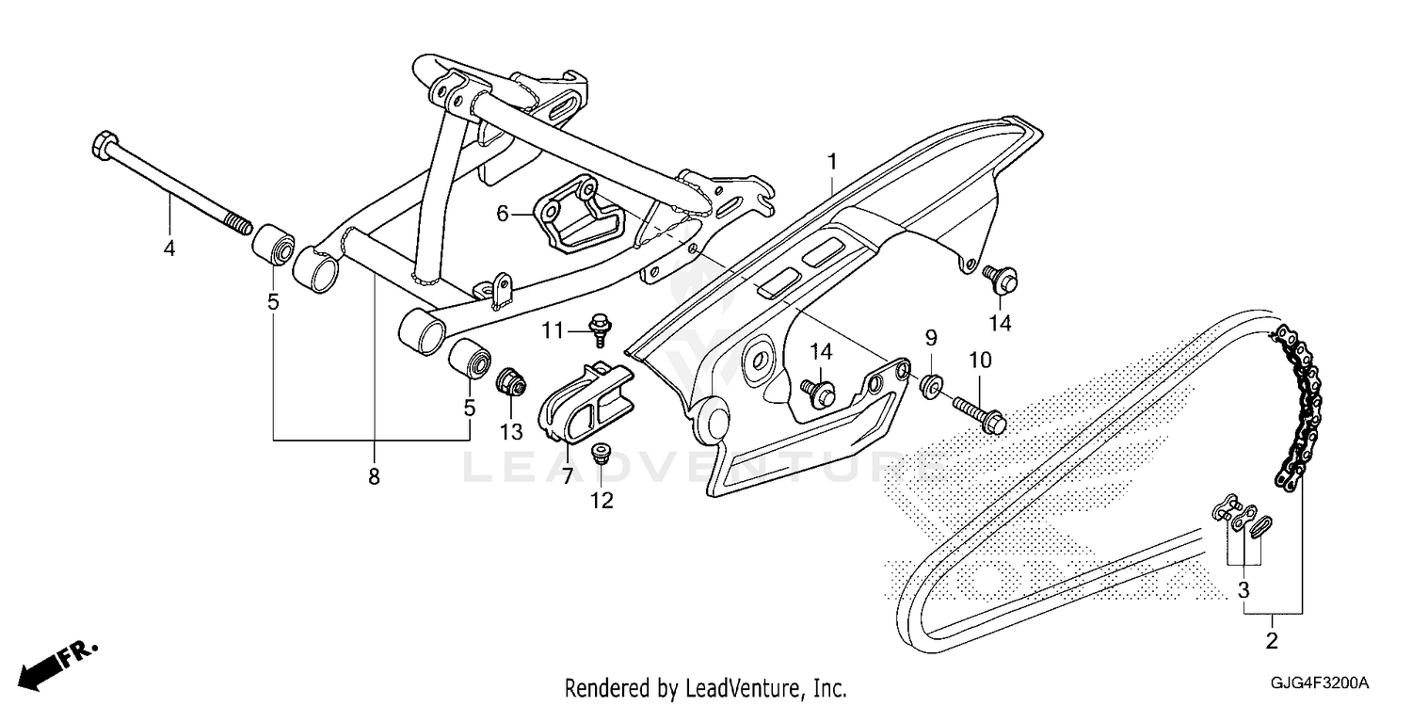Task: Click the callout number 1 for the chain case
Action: [x=832, y=162]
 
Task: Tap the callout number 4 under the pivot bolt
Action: [x=169, y=249]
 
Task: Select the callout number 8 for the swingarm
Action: [x=374, y=477]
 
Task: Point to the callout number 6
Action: [x=503, y=215]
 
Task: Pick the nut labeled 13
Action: [x=510, y=381]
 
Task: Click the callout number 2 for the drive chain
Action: [x=1272, y=644]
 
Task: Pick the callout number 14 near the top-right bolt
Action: [x=999, y=324]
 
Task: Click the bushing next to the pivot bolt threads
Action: [x=272, y=240]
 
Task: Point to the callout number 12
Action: [x=602, y=501]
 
